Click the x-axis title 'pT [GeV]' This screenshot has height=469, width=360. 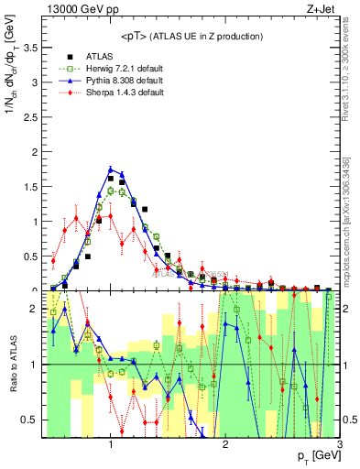315,456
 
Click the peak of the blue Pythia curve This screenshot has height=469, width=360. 111,169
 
